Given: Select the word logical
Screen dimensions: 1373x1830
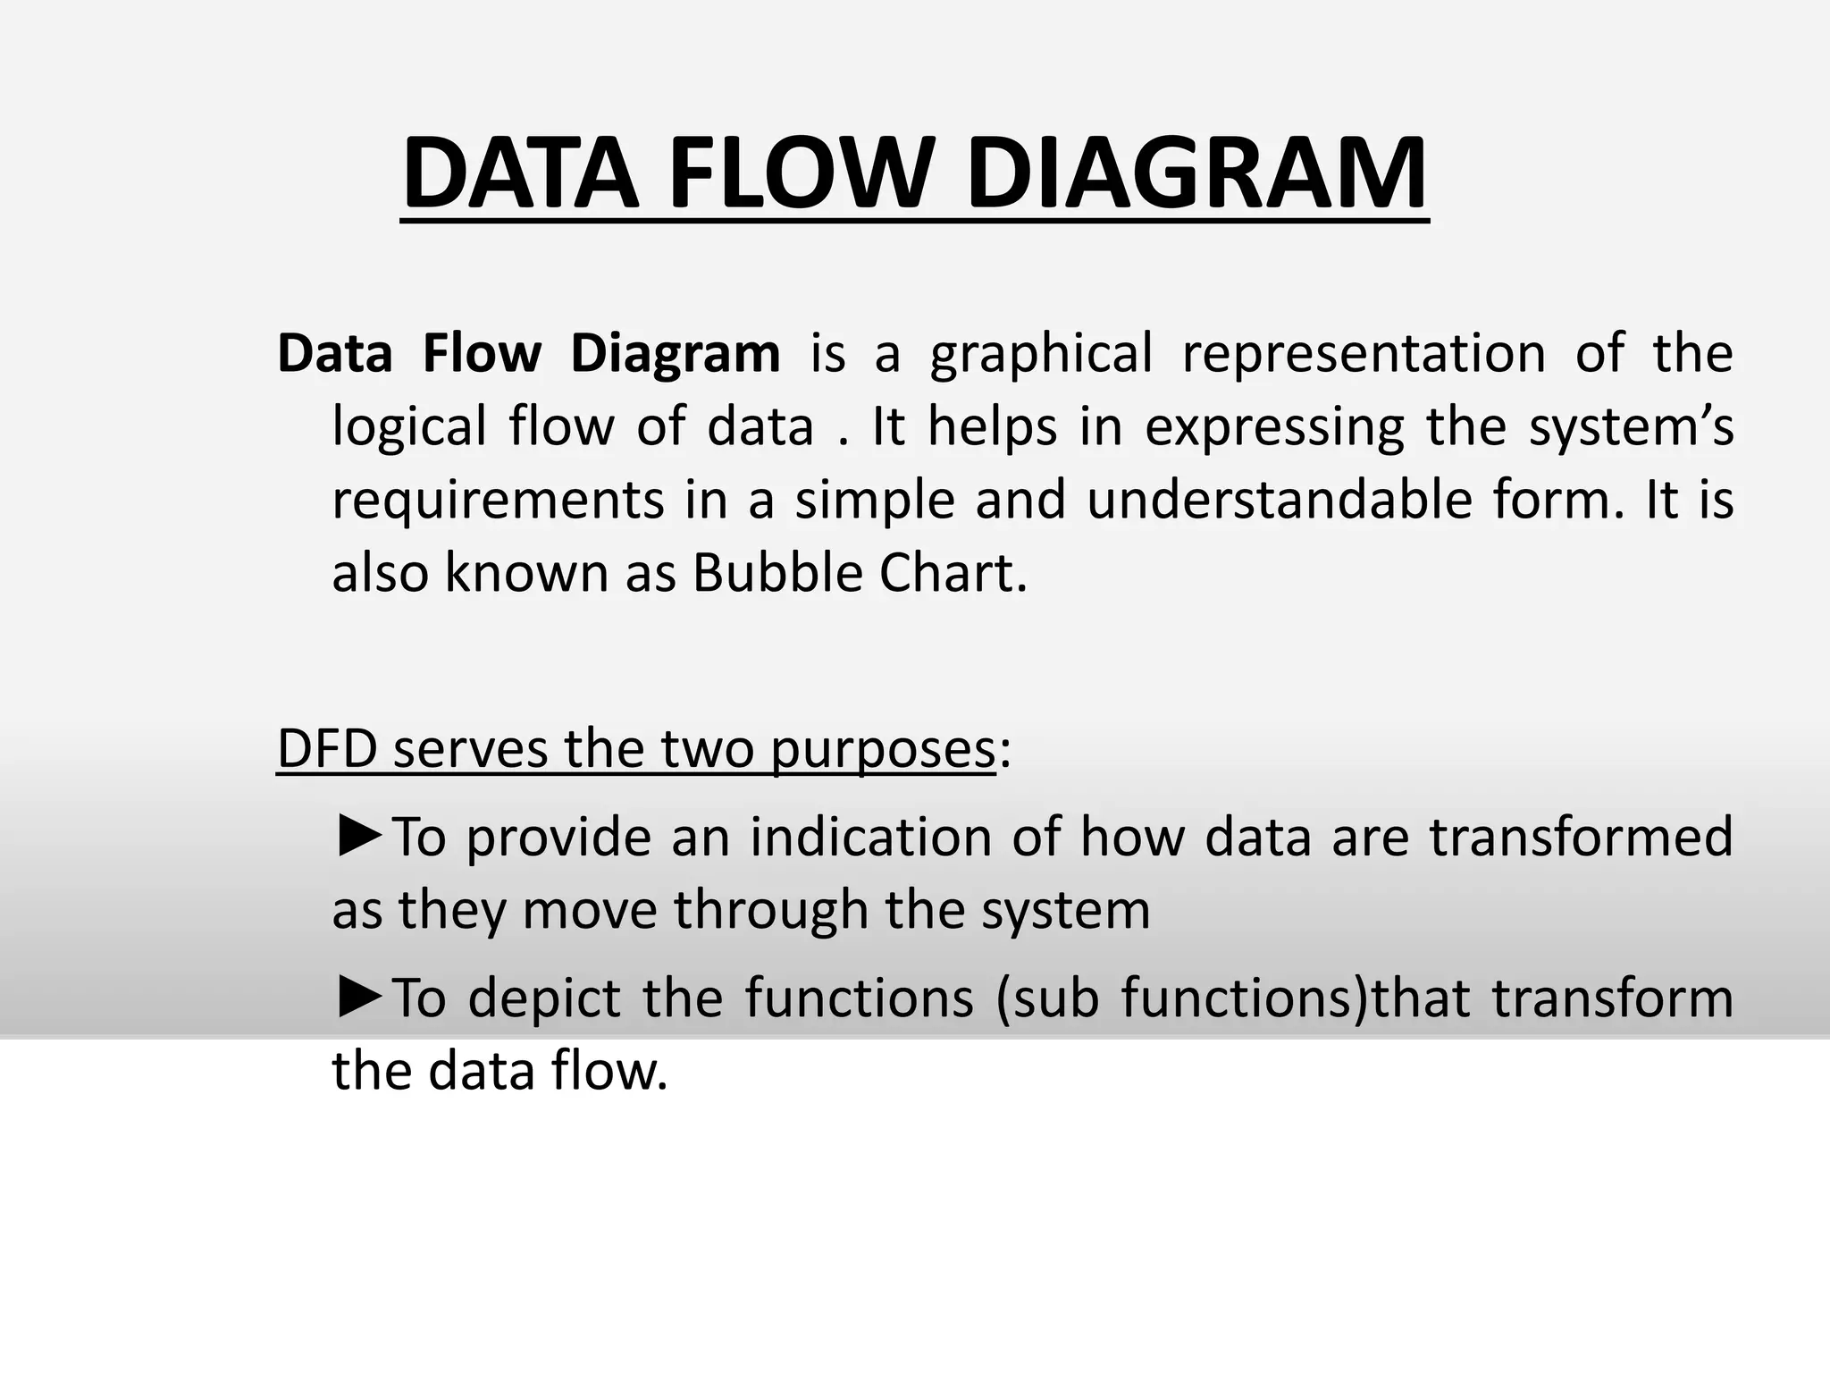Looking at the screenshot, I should [x=408, y=427].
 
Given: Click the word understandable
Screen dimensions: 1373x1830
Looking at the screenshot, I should [x=1279, y=501].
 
